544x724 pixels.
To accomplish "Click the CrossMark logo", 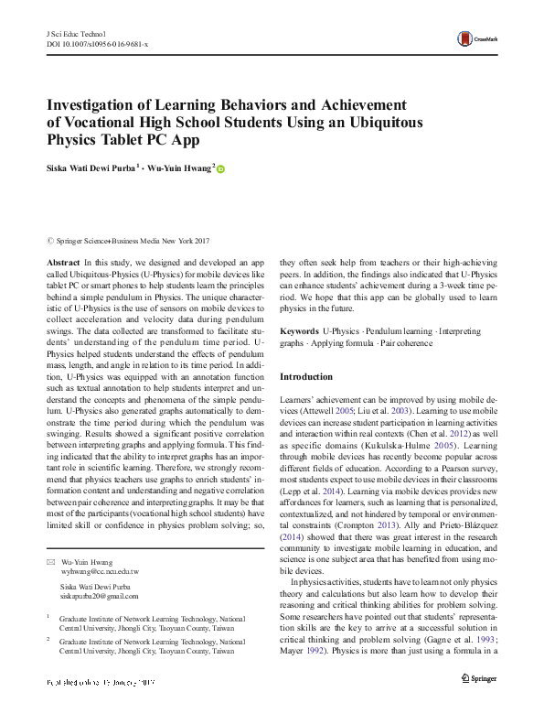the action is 478,38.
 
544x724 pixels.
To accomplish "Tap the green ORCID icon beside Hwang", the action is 220,169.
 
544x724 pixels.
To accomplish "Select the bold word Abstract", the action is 63,262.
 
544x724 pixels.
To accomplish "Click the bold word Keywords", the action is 299,330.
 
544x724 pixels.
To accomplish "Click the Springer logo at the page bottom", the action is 477,678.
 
